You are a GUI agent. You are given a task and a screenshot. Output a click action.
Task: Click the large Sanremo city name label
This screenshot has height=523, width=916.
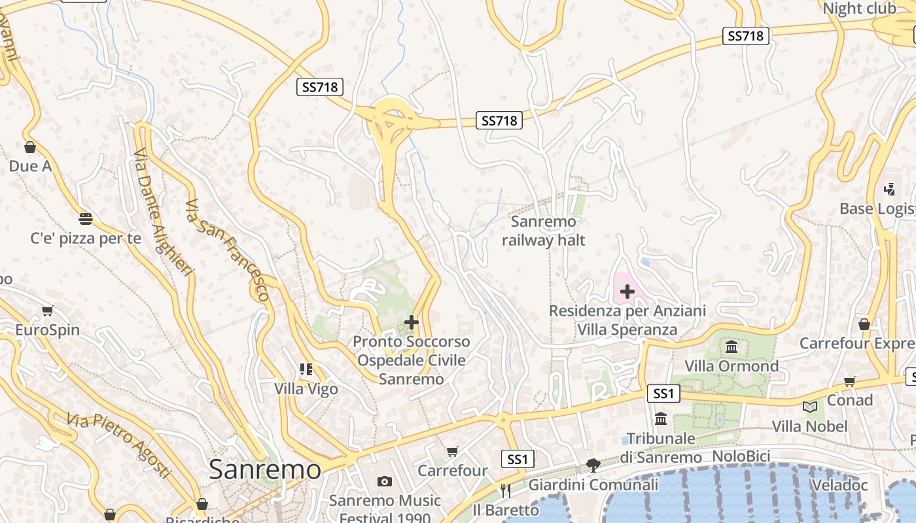(x=265, y=469)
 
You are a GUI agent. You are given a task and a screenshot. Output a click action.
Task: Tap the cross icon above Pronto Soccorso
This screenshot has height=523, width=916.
(x=412, y=322)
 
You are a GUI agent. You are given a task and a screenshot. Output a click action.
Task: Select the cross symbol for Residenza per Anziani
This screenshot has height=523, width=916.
(x=627, y=291)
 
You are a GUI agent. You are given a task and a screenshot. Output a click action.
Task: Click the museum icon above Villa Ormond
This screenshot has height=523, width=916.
(x=731, y=346)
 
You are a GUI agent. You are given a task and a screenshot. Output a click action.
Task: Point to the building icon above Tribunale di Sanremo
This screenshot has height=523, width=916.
(x=661, y=418)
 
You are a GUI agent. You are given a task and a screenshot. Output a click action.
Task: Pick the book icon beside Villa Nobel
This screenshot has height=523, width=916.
(x=810, y=407)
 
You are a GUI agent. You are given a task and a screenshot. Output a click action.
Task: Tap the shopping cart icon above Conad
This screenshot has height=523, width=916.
(x=849, y=380)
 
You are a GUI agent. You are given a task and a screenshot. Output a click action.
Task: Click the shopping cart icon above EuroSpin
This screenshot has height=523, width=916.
(x=47, y=311)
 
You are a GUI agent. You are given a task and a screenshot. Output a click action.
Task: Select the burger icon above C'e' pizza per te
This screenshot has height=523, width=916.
(x=86, y=218)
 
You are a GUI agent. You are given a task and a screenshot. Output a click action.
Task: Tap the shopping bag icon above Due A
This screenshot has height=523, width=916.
(x=29, y=147)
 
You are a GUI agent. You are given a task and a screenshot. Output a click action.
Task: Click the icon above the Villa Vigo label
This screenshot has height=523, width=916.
(x=306, y=369)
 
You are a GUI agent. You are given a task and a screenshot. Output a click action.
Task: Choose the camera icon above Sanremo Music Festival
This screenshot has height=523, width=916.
(x=385, y=482)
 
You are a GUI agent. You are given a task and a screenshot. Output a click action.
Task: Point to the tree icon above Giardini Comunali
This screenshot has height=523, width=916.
(x=593, y=465)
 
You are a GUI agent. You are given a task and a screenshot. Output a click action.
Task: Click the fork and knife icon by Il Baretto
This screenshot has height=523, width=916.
(x=505, y=490)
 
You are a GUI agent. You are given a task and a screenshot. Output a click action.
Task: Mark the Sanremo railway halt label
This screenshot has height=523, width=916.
(x=543, y=231)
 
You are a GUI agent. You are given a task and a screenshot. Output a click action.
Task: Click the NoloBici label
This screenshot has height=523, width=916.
(x=741, y=456)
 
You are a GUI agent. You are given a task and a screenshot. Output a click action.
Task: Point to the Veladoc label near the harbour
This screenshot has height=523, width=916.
(x=839, y=485)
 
